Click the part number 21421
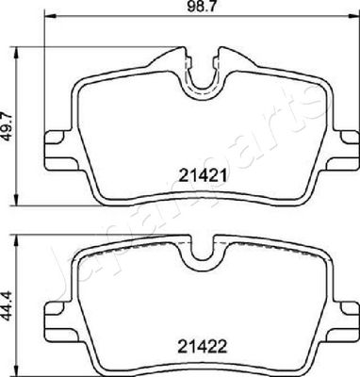click(203, 176)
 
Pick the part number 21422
click(203, 347)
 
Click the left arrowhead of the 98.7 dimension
click(51, 16)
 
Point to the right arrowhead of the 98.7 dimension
click(353, 16)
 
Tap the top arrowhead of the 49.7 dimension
click(16, 53)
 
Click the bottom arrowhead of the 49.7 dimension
click(16, 200)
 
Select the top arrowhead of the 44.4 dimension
click(16, 240)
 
